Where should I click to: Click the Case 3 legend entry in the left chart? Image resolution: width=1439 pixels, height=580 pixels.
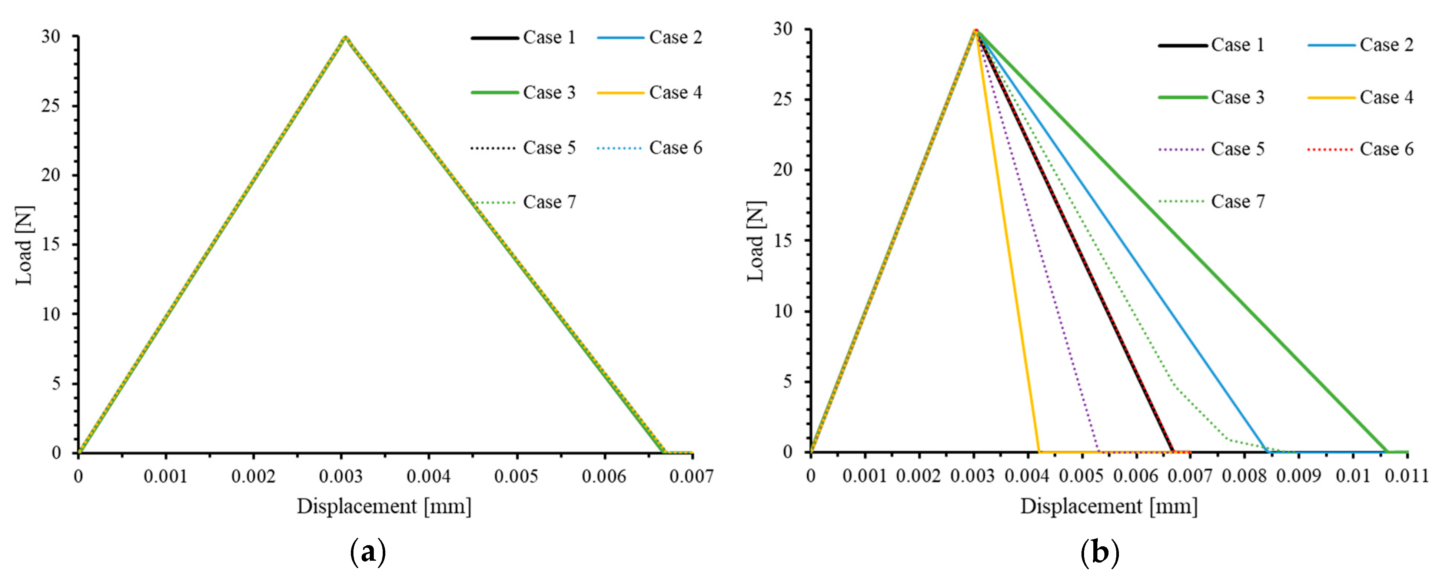coord(549,92)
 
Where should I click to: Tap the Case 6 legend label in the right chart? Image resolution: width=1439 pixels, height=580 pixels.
coord(1386,149)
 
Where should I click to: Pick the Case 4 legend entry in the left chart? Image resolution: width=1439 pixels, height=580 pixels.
coord(675,92)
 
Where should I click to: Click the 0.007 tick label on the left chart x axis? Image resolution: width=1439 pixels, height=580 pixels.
coord(692,477)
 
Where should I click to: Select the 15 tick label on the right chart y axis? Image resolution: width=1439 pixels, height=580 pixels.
coord(783,240)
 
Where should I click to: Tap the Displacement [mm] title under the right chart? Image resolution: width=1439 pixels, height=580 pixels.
coord(1109,506)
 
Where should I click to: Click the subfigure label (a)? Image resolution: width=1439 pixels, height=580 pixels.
coord(368,553)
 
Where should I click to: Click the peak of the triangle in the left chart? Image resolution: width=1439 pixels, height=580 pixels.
coord(346,37)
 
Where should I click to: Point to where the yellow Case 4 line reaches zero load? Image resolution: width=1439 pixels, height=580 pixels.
coord(1039,451)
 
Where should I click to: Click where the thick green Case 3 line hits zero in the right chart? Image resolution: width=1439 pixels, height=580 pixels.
coord(1388,451)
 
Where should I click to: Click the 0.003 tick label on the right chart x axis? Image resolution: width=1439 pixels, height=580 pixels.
coord(973,476)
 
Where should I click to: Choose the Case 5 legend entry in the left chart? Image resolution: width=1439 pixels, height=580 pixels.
coord(549,148)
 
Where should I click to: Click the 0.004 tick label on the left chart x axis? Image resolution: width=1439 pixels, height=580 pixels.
coord(428,477)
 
